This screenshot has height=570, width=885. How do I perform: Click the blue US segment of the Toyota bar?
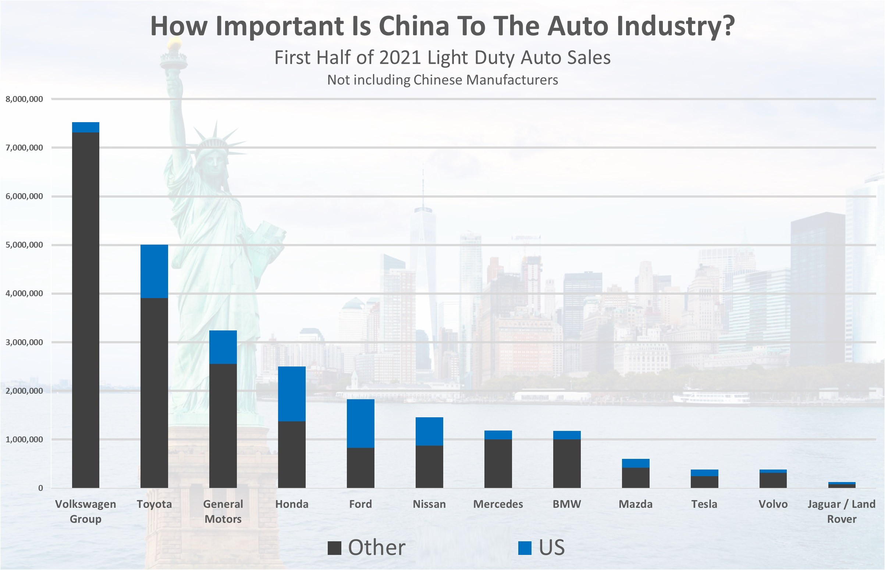[x=154, y=271]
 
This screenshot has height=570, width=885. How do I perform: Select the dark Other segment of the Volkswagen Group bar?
[x=85, y=310]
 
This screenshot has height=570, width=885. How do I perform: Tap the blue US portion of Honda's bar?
[x=292, y=394]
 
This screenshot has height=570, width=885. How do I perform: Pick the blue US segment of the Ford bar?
[x=360, y=424]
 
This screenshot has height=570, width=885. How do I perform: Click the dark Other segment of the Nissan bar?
[x=429, y=467]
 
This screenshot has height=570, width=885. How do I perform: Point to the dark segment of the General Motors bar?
[x=223, y=426]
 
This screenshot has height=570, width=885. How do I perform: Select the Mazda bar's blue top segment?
[x=636, y=463]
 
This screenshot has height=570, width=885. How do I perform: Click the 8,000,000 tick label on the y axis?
[x=24, y=99]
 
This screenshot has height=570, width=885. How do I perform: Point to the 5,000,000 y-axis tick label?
[x=24, y=245]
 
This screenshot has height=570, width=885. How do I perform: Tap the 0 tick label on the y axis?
[x=40, y=488]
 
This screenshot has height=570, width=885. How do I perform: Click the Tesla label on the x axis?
[x=704, y=504]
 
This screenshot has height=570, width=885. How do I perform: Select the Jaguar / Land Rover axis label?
[x=841, y=511]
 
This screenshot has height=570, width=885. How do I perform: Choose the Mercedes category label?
[x=498, y=504]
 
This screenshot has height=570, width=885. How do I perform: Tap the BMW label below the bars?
[x=567, y=504]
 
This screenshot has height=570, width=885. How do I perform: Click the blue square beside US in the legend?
[x=525, y=548]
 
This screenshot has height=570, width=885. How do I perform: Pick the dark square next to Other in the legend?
[x=334, y=548]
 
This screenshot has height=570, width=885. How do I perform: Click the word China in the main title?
[x=414, y=26]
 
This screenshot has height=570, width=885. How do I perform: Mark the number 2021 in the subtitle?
[x=401, y=58]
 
